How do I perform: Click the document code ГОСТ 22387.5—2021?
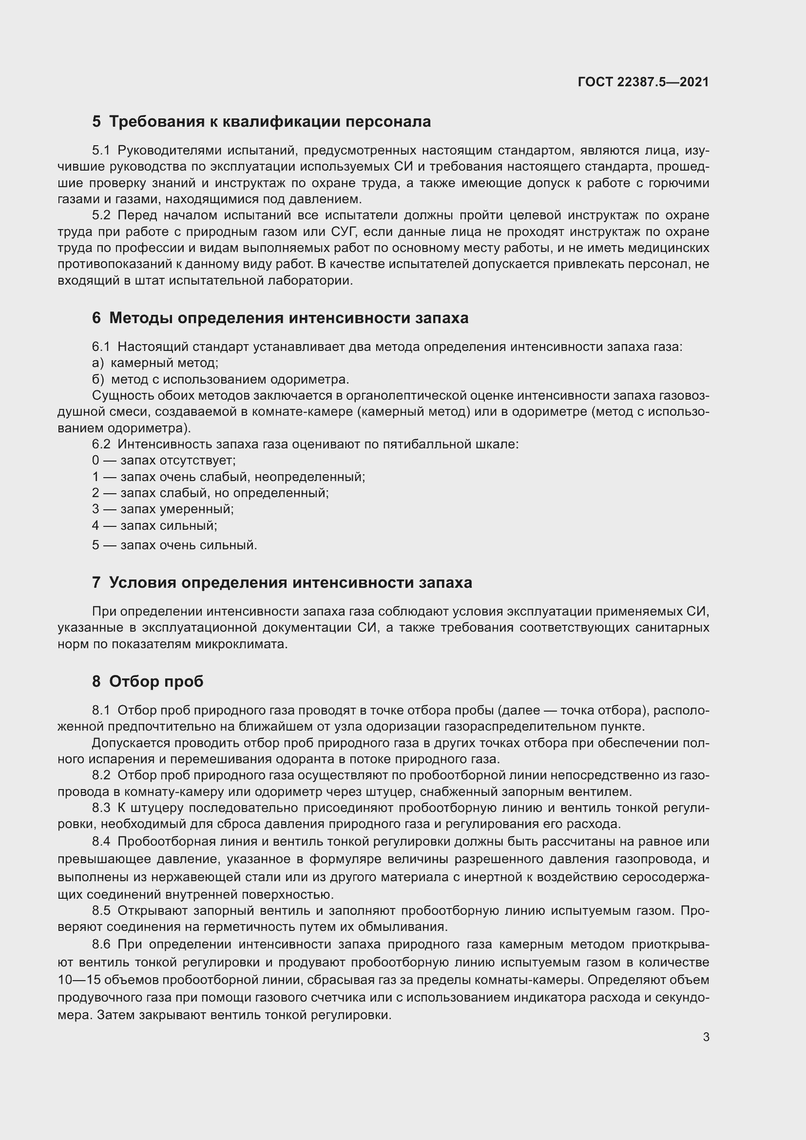coord(643,82)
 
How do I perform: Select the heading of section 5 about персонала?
coord(261,122)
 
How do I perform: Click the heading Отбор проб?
coord(148,681)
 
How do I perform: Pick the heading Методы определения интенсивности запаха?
coord(280,318)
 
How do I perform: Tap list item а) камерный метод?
coord(155,363)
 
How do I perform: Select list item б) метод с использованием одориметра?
coord(220,379)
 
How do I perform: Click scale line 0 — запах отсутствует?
coord(164,460)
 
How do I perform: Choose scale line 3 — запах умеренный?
coord(163,509)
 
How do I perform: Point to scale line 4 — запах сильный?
coord(154,525)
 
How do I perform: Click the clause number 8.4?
coord(101,842)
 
